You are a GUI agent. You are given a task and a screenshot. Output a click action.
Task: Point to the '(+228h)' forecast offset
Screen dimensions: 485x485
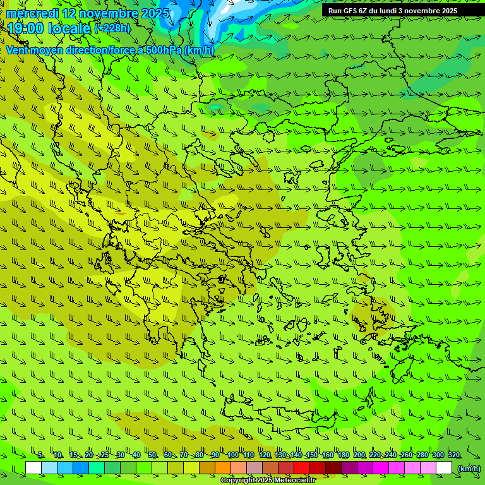click(x=112, y=28)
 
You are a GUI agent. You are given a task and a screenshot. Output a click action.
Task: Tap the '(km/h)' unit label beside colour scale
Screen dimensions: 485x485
click(x=469, y=469)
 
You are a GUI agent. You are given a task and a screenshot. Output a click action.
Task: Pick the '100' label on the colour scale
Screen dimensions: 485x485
click(x=232, y=455)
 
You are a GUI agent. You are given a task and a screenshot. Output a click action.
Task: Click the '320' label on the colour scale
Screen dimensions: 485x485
click(x=453, y=455)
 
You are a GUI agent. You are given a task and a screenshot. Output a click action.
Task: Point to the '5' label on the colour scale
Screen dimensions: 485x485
click(x=40, y=455)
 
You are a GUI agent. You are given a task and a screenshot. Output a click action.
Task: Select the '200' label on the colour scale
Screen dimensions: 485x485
click(x=359, y=455)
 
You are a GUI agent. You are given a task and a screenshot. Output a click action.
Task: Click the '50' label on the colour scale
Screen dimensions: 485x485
click(x=152, y=455)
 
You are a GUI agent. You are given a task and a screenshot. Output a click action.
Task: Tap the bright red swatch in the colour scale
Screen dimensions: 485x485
click(x=302, y=468)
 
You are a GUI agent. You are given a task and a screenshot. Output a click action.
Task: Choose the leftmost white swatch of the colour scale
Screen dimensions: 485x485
click(x=33, y=468)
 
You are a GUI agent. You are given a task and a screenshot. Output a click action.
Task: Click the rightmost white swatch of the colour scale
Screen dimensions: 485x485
click(x=444, y=468)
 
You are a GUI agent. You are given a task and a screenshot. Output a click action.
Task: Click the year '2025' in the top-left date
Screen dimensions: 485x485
click(x=155, y=13)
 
